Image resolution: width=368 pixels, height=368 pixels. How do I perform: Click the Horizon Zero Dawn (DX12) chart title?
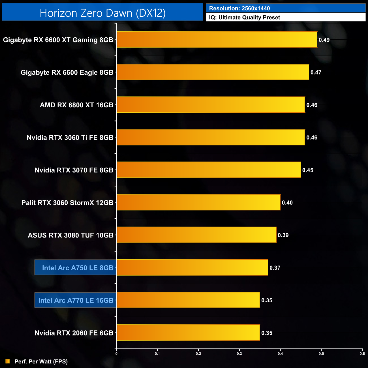tap(102, 13)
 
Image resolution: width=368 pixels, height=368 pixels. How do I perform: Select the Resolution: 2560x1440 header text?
tap(239, 8)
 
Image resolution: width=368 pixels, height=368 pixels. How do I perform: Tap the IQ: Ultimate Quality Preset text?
tap(245, 18)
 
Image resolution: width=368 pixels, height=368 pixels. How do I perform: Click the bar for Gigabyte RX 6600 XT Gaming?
tap(217, 40)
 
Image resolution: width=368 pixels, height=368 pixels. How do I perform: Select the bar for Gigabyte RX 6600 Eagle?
tap(213, 72)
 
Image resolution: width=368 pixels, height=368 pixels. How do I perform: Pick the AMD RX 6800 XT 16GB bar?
tap(211, 105)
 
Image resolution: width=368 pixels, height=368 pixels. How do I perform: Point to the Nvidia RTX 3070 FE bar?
tap(209, 170)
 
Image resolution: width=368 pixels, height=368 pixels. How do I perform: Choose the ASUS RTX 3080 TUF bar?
tap(196, 235)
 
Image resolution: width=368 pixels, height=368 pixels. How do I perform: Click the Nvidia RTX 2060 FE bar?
tap(188, 333)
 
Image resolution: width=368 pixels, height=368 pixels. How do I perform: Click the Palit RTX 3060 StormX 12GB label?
tap(67, 203)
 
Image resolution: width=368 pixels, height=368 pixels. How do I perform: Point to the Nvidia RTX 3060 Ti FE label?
tap(70, 138)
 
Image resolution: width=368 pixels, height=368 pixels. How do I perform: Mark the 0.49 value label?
tap(324, 40)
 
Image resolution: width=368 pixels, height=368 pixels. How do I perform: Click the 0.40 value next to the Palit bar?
tap(287, 203)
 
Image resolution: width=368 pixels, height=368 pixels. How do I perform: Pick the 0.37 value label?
tap(275, 268)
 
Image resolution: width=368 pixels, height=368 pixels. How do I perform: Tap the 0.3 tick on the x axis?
tap(239, 354)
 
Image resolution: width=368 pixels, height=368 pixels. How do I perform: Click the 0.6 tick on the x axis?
tap(362, 354)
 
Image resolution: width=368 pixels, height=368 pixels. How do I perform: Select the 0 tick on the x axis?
tap(116, 354)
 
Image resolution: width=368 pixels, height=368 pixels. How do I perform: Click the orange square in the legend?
tap(8, 361)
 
